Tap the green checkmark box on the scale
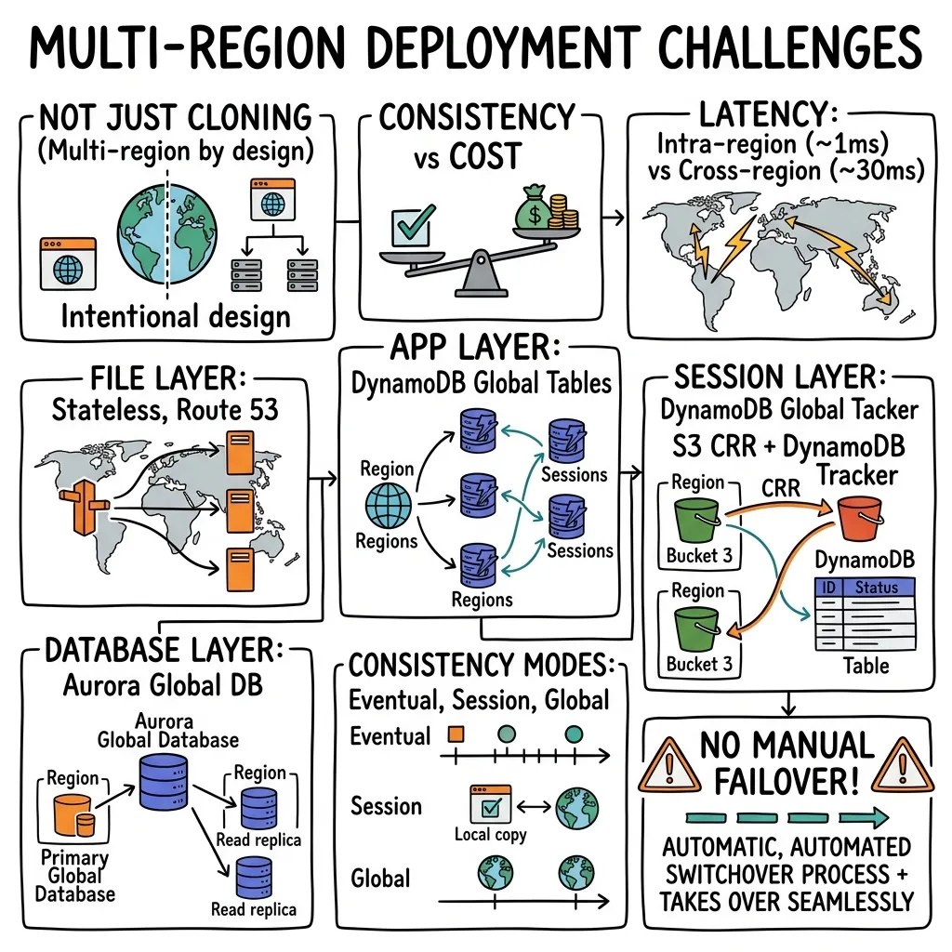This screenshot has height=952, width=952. point(414,227)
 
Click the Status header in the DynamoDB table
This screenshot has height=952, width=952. point(876,588)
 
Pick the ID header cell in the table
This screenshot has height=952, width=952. point(828,588)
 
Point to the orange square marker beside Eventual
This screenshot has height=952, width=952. point(456,734)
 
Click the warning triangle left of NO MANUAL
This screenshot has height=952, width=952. point(669,766)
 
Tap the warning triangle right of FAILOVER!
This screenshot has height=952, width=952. point(903,766)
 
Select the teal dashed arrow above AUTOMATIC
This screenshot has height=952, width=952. point(787,817)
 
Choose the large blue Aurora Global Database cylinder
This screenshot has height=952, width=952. point(164,782)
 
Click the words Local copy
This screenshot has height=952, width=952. point(491,836)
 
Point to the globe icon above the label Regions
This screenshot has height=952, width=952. point(388,505)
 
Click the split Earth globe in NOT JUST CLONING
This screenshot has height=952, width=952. point(167,234)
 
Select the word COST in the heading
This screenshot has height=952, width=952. point(485,156)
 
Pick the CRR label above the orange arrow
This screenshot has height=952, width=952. point(781,487)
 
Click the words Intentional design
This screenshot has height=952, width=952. point(176,318)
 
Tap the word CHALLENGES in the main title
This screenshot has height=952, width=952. point(790,48)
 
